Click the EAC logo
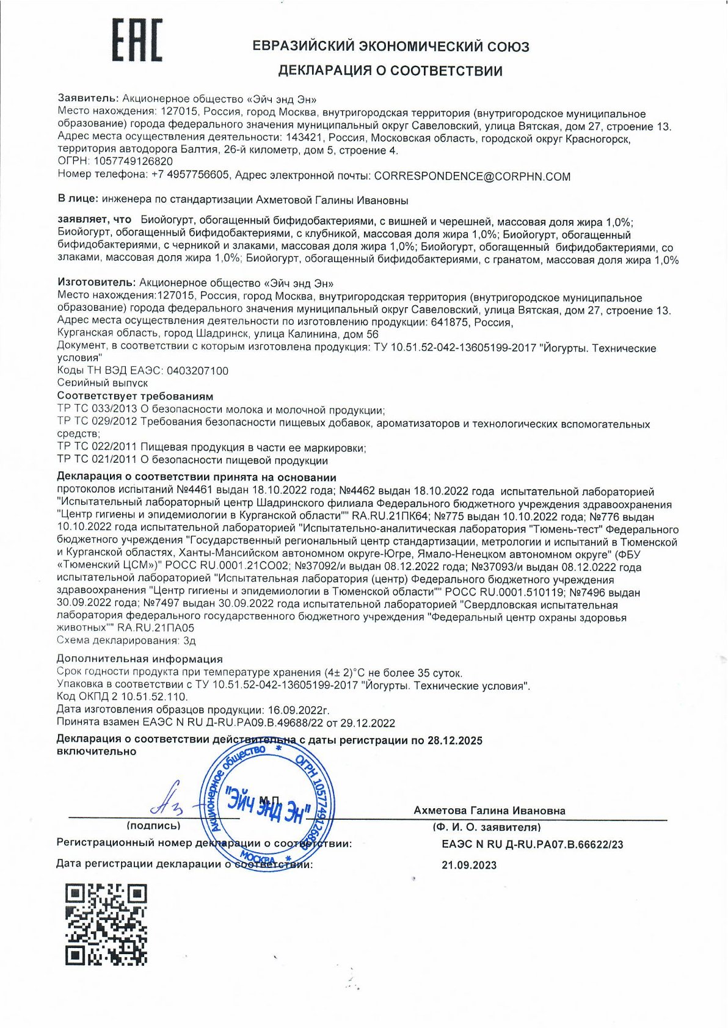(137, 40)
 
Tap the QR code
(106, 924)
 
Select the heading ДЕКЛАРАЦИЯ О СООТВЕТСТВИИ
(390, 71)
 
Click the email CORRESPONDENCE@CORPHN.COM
(472, 176)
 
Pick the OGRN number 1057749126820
(133, 162)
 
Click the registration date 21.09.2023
(468, 865)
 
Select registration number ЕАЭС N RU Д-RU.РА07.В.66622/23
(532, 845)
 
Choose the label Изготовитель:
(96, 283)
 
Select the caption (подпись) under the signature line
(153, 826)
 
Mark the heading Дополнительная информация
(140, 659)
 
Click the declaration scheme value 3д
(189, 640)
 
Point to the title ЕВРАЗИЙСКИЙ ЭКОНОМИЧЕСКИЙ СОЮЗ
(390, 46)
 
